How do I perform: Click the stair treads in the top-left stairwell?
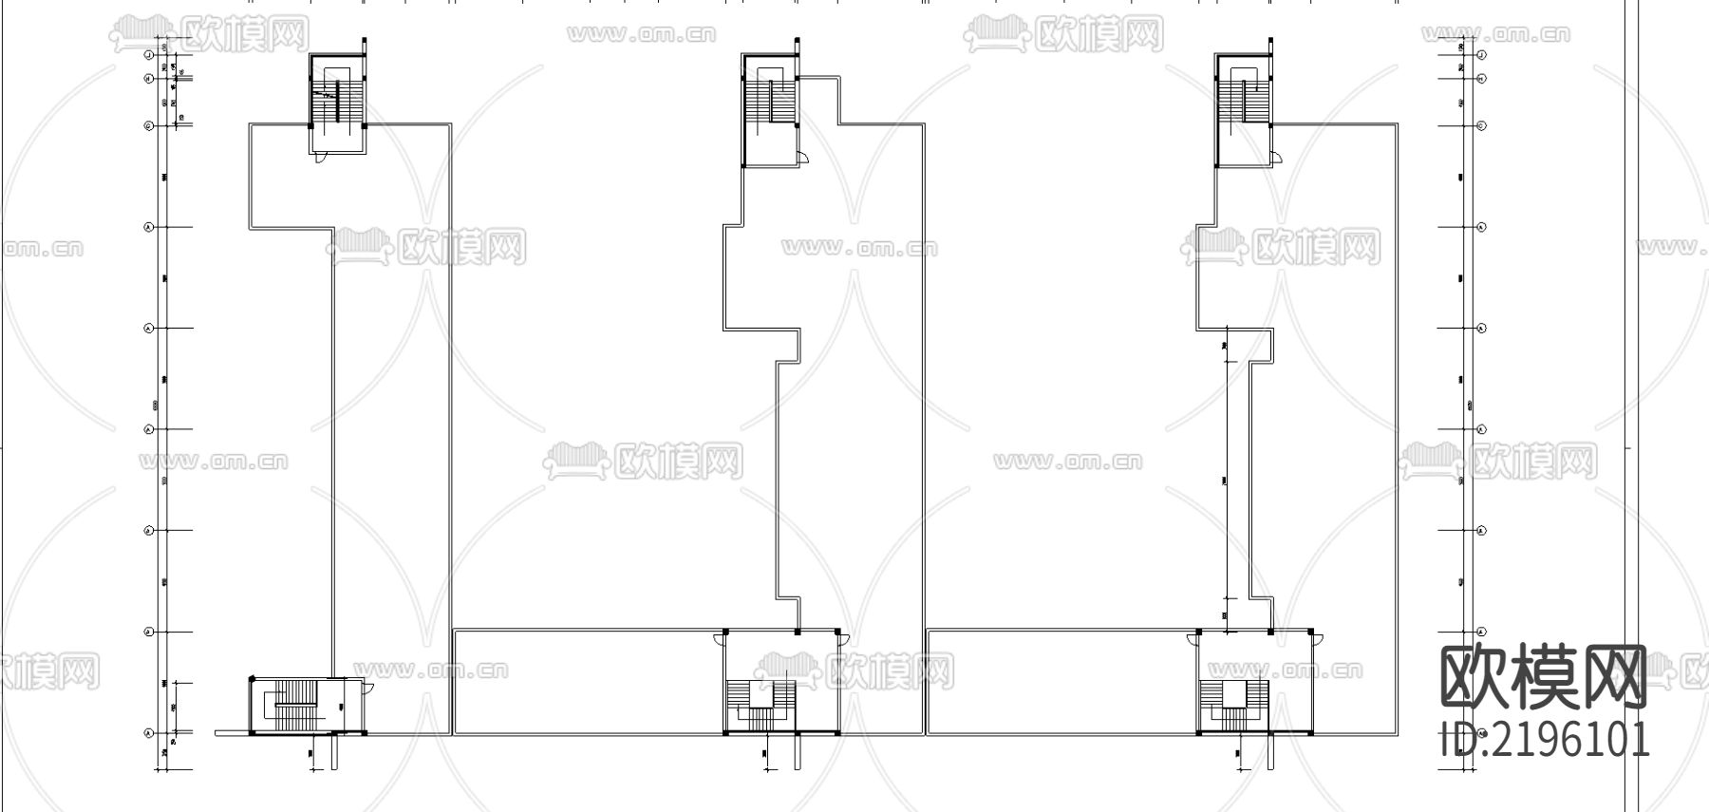[337, 100]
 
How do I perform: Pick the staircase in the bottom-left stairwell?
[294, 706]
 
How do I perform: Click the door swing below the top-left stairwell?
[323, 157]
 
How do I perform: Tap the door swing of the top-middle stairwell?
[802, 159]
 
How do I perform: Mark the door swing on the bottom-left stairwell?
[367, 689]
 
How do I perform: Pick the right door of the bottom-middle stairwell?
[843, 639]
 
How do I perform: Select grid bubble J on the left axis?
[149, 56]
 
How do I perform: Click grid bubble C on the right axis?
[1481, 125]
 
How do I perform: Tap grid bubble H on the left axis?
[149, 79]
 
